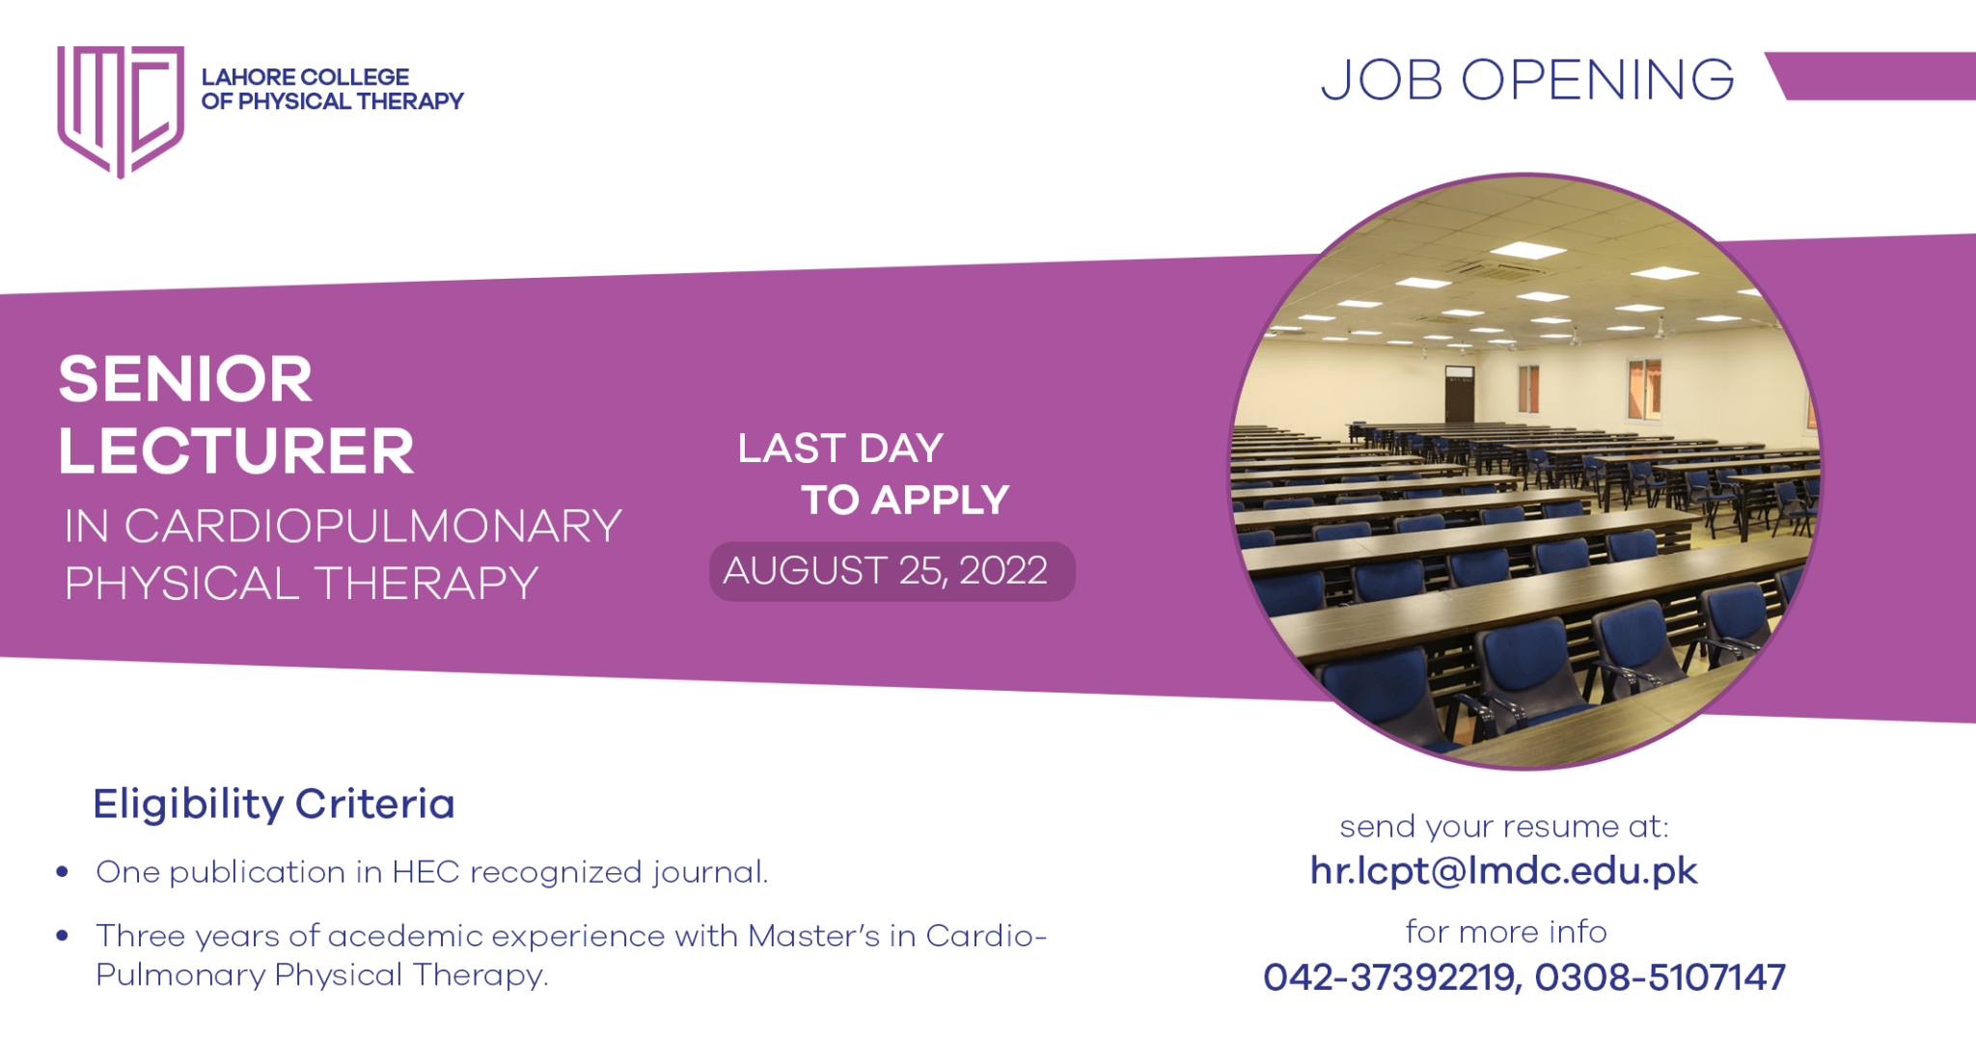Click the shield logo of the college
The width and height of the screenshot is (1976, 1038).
click(120, 109)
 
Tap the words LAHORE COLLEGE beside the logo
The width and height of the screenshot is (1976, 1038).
click(305, 77)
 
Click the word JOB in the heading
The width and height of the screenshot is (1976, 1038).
click(1381, 80)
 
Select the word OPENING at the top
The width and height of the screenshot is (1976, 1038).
click(1598, 80)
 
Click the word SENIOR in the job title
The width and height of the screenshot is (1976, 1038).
click(185, 378)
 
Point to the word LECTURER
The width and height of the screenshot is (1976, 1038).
click(236, 451)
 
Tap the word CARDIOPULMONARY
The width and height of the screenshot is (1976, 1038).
click(373, 527)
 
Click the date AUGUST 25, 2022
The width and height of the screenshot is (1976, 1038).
click(886, 571)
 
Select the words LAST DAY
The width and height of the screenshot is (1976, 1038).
click(840, 449)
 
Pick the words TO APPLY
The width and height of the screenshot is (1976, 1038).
click(905, 501)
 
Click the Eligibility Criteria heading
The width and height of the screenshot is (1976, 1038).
click(274, 804)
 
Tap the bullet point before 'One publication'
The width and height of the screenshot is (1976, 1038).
click(63, 872)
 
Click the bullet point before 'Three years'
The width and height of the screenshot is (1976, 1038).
click(63, 936)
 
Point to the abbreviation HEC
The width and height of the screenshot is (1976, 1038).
click(425, 872)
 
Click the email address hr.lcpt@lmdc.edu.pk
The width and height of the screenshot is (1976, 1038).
click(1503, 871)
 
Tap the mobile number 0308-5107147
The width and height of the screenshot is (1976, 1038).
click(1660, 977)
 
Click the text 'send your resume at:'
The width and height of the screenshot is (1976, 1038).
click(1503, 827)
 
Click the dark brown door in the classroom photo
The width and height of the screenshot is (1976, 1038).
click(1459, 395)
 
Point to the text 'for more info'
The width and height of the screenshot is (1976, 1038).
click(1505, 932)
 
